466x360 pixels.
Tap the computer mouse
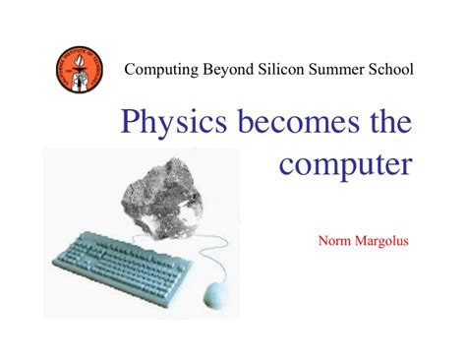(213, 294)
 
